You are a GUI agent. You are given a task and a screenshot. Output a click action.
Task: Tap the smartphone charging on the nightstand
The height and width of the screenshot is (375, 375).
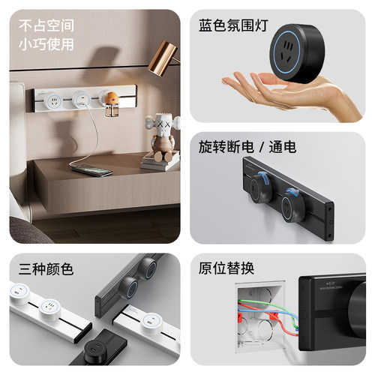pos(92,170)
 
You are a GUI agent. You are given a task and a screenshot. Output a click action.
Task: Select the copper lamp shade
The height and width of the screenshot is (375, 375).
pos(162,58)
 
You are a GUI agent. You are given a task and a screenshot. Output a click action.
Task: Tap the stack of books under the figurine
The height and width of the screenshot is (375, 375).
pos(159,160)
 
